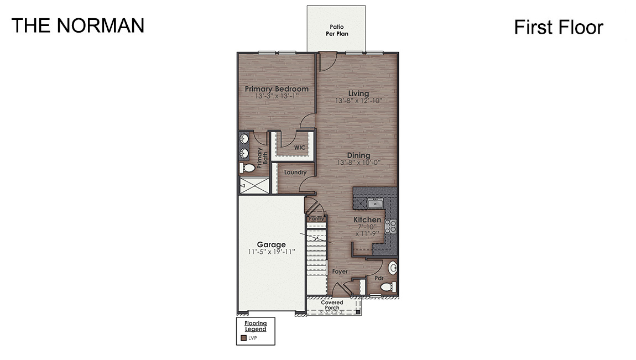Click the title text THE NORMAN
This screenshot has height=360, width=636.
[x=78, y=25]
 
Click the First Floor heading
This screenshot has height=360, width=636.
[x=558, y=27]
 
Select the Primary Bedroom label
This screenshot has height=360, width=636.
[x=277, y=89]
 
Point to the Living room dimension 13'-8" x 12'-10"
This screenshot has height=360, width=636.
[x=358, y=101]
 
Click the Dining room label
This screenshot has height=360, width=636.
[x=358, y=155]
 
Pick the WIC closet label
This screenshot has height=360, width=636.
[x=300, y=148]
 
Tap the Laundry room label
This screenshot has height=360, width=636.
[x=295, y=173]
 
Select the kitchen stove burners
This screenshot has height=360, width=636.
[x=391, y=226]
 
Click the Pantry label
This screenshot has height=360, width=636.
[x=316, y=219]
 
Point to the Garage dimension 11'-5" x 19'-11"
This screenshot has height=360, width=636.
[x=271, y=252]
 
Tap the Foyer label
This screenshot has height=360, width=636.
[x=340, y=272]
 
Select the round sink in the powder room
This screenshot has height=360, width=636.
[x=393, y=269]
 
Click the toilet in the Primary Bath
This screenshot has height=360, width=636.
[x=247, y=168]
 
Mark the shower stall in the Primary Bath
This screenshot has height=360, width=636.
[x=254, y=186]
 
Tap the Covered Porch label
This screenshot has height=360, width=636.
[x=332, y=305]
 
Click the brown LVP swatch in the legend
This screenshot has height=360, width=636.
[x=243, y=338]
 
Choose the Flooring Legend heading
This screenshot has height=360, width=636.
[x=256, y=326]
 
